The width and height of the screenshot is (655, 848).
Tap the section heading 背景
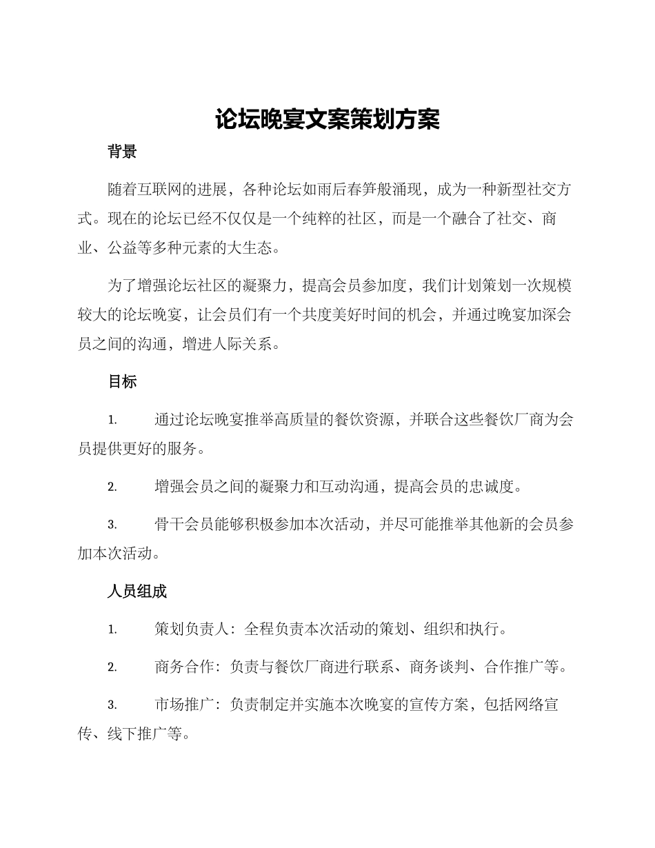(122, 152)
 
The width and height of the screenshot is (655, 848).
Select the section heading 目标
(122, 381)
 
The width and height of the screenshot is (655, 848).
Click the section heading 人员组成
(137, 592)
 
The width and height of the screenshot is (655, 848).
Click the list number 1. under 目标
(112, 421)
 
